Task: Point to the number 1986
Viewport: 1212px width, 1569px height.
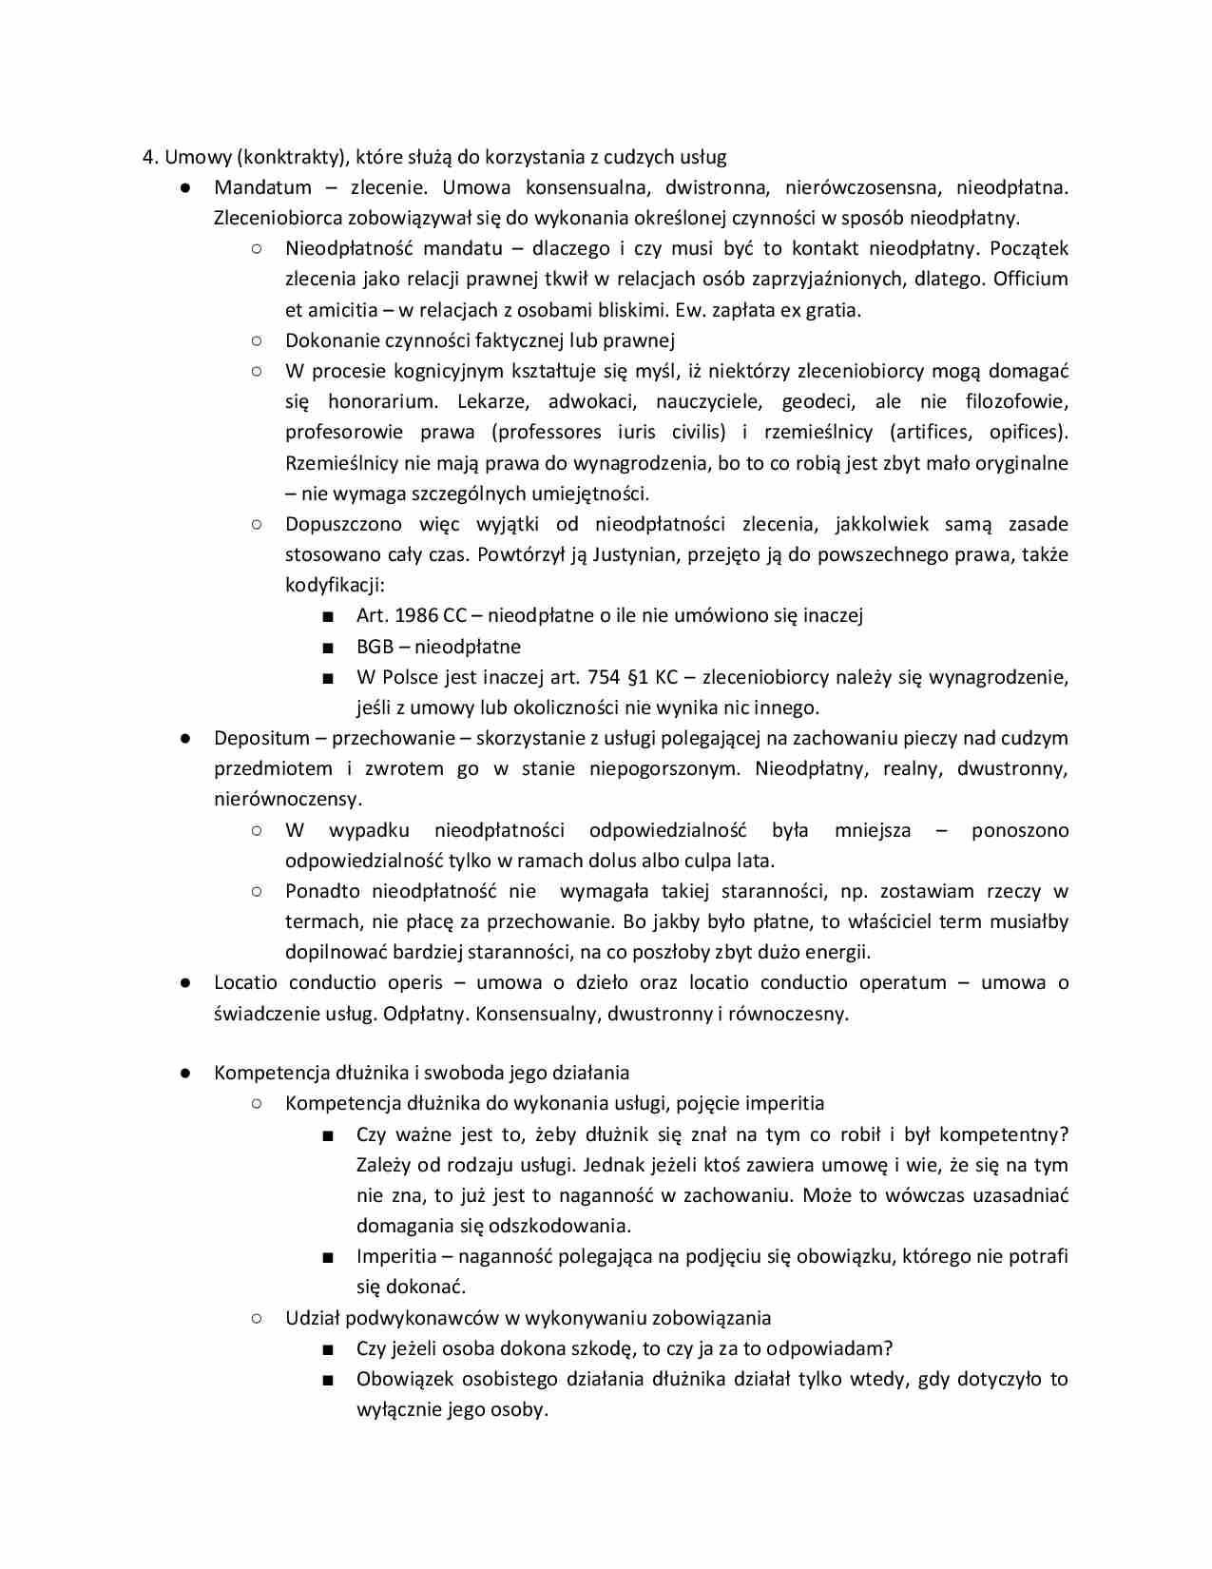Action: [415, 615]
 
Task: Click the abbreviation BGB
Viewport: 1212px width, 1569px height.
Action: [375, 647]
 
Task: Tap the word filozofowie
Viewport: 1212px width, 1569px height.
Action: [1016, 401]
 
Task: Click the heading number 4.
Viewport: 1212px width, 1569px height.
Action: [148, 157]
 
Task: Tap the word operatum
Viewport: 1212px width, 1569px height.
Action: [903, 982]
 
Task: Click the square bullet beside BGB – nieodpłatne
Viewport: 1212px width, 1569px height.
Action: [328, 648]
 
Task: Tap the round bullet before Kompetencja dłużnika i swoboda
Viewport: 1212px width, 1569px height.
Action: [185, 1074]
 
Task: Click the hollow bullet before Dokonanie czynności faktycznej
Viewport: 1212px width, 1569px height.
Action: [257, 340]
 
